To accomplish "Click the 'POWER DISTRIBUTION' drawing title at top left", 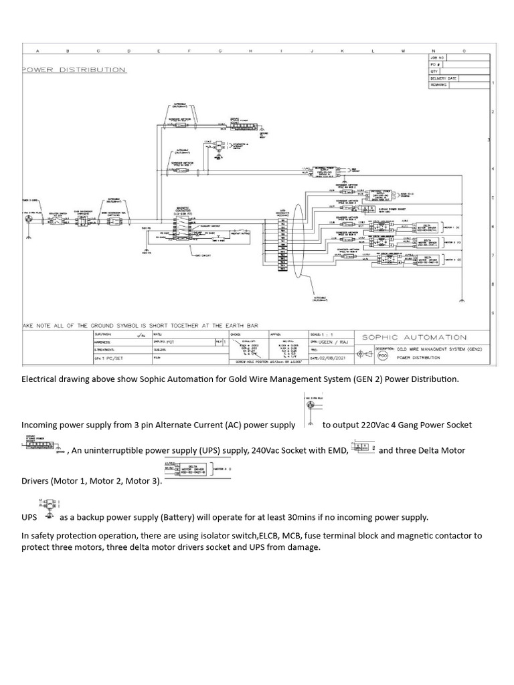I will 74,70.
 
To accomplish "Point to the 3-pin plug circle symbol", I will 28,219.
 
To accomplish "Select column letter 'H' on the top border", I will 250,50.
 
